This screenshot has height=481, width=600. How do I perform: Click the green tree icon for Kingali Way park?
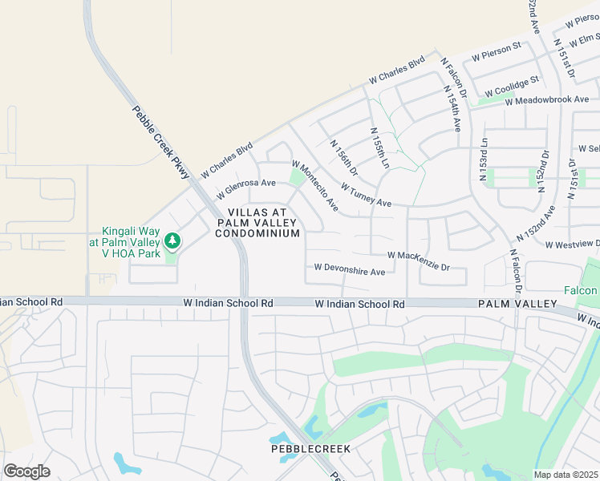[x=172, y=240]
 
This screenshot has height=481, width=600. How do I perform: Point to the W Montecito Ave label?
[x=314, y=187]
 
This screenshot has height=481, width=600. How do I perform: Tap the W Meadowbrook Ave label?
[x=547, y=99]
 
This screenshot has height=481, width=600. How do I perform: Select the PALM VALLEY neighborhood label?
[x=517, y=305]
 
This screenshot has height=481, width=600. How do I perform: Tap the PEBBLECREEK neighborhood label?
[x=310, y=449]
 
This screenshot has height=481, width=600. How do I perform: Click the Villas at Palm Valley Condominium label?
[x=257, y=222]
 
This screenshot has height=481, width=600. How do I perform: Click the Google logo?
[x=26, y=471]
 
